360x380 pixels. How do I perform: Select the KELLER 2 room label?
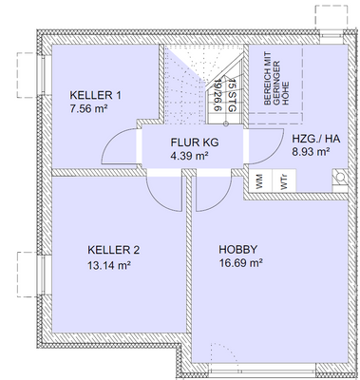107,250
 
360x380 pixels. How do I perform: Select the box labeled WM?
257,178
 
